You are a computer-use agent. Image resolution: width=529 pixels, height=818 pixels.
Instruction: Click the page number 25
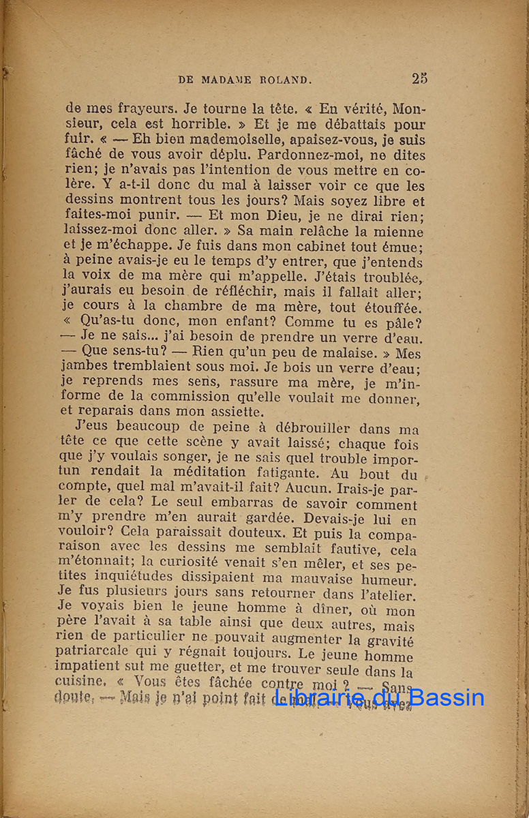pos(419,78)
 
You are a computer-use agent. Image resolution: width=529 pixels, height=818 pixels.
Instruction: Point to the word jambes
pos(85,369)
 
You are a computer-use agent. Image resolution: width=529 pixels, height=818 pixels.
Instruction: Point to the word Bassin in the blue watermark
pos(444,697)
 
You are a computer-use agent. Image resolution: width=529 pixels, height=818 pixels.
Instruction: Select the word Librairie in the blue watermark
pos(317,697)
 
